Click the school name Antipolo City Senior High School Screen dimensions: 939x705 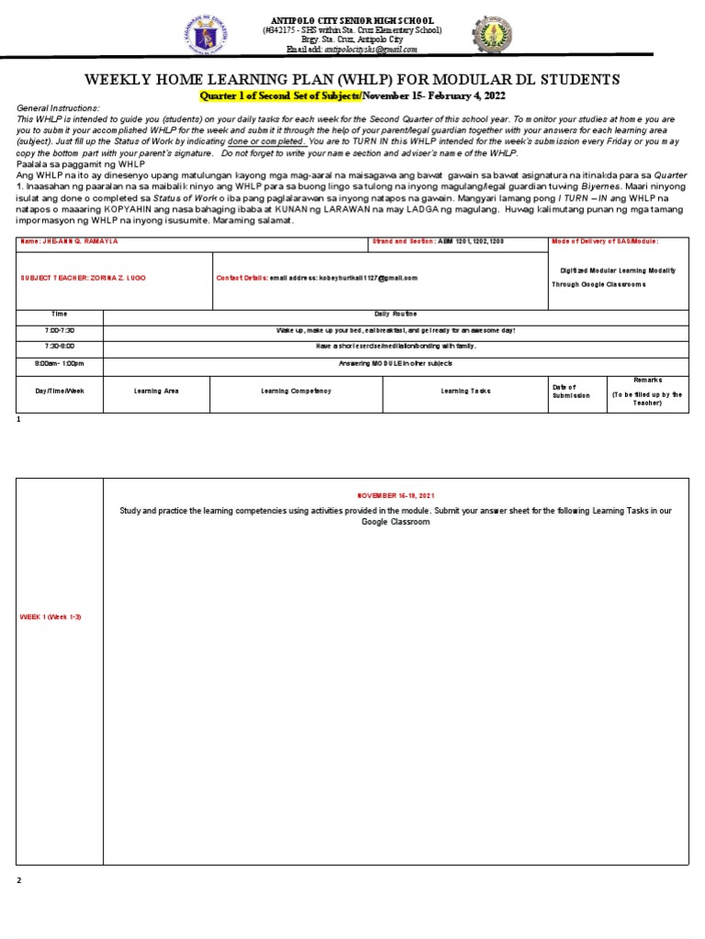point(352,20)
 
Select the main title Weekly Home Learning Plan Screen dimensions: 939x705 point(352,80)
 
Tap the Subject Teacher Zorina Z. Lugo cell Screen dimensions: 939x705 point(83,277)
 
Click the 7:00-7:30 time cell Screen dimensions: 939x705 point(60,329)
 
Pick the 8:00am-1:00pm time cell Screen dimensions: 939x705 point(60,363)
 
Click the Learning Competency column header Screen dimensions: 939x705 point(296,391)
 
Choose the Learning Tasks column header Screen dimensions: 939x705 point(465,391)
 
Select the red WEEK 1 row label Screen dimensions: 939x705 point(51,617)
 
